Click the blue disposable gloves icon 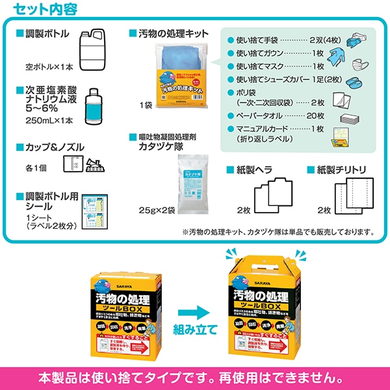coord(358,39)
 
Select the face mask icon coord(359,66)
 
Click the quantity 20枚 coord(315,115)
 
